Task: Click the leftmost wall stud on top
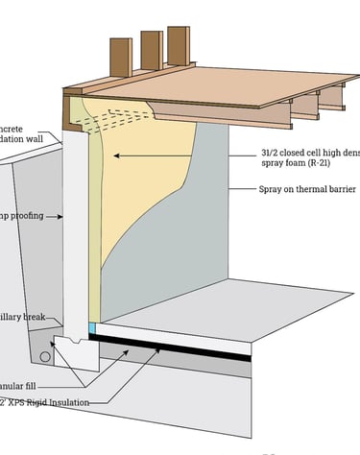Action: [119, 60]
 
